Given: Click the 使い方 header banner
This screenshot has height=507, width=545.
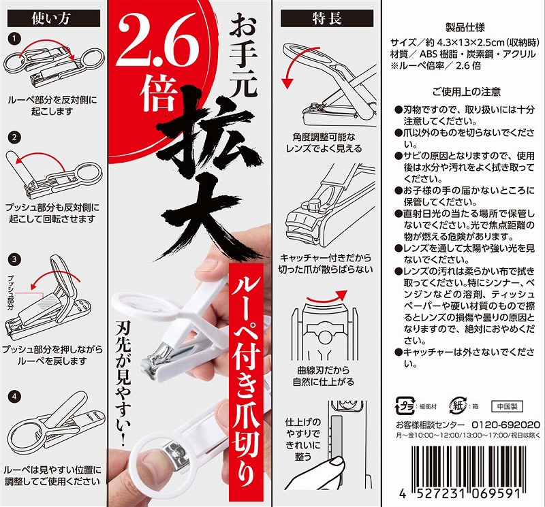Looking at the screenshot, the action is click(x=54, y=18).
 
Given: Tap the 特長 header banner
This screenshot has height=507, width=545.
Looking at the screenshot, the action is click(x=327, y=18).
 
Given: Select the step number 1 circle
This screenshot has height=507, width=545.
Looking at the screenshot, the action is click(x=14, y=39).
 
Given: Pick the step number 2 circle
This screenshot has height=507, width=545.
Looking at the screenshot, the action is click(x=14, y=137).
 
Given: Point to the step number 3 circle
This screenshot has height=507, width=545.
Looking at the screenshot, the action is click(x=14, y=259).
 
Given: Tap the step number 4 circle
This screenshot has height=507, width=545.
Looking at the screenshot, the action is click(x=14, y=396).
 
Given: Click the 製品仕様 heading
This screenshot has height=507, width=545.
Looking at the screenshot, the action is click(x=465, y=27).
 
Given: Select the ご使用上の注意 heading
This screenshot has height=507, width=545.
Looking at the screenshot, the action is click(x=466, y=92).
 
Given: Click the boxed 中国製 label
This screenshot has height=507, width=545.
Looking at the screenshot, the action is click(x=507, y=406).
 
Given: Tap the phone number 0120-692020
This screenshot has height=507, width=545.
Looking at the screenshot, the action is click(x=505, y=425).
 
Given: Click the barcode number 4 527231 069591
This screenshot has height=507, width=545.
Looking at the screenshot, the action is click(x=460, y=493).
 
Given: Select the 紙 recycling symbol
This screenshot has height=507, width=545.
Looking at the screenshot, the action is click(x=458, y=406).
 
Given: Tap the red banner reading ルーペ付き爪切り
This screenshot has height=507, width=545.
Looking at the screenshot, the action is click(x=246, y=382).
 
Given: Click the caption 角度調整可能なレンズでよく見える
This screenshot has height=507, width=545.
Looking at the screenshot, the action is click(x=324, y=143).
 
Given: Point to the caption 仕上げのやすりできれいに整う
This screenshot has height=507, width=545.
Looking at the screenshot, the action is click(x=302, y=439).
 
